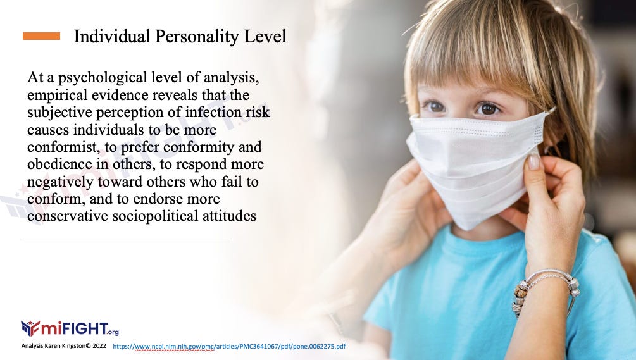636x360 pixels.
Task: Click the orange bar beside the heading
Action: (41, 36)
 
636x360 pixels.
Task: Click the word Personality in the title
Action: (197, 37)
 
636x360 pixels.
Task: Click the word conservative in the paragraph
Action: (68, 216)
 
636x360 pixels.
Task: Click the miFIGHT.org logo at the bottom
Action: (70, 328)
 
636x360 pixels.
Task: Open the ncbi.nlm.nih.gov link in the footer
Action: (229, 346)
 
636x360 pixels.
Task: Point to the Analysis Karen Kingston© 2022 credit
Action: (64, 346)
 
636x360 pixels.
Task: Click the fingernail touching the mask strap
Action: (533, 161)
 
